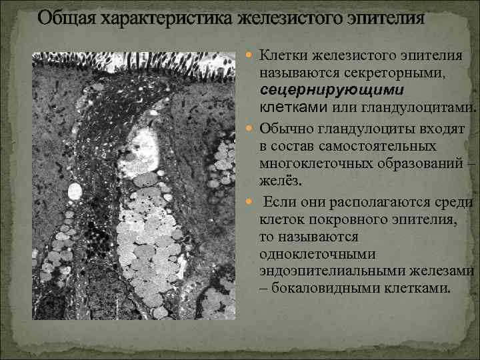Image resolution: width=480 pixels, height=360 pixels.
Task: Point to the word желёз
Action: click(x=279, y=181)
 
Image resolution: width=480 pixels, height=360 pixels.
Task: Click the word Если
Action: click(x=281, y=201)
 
